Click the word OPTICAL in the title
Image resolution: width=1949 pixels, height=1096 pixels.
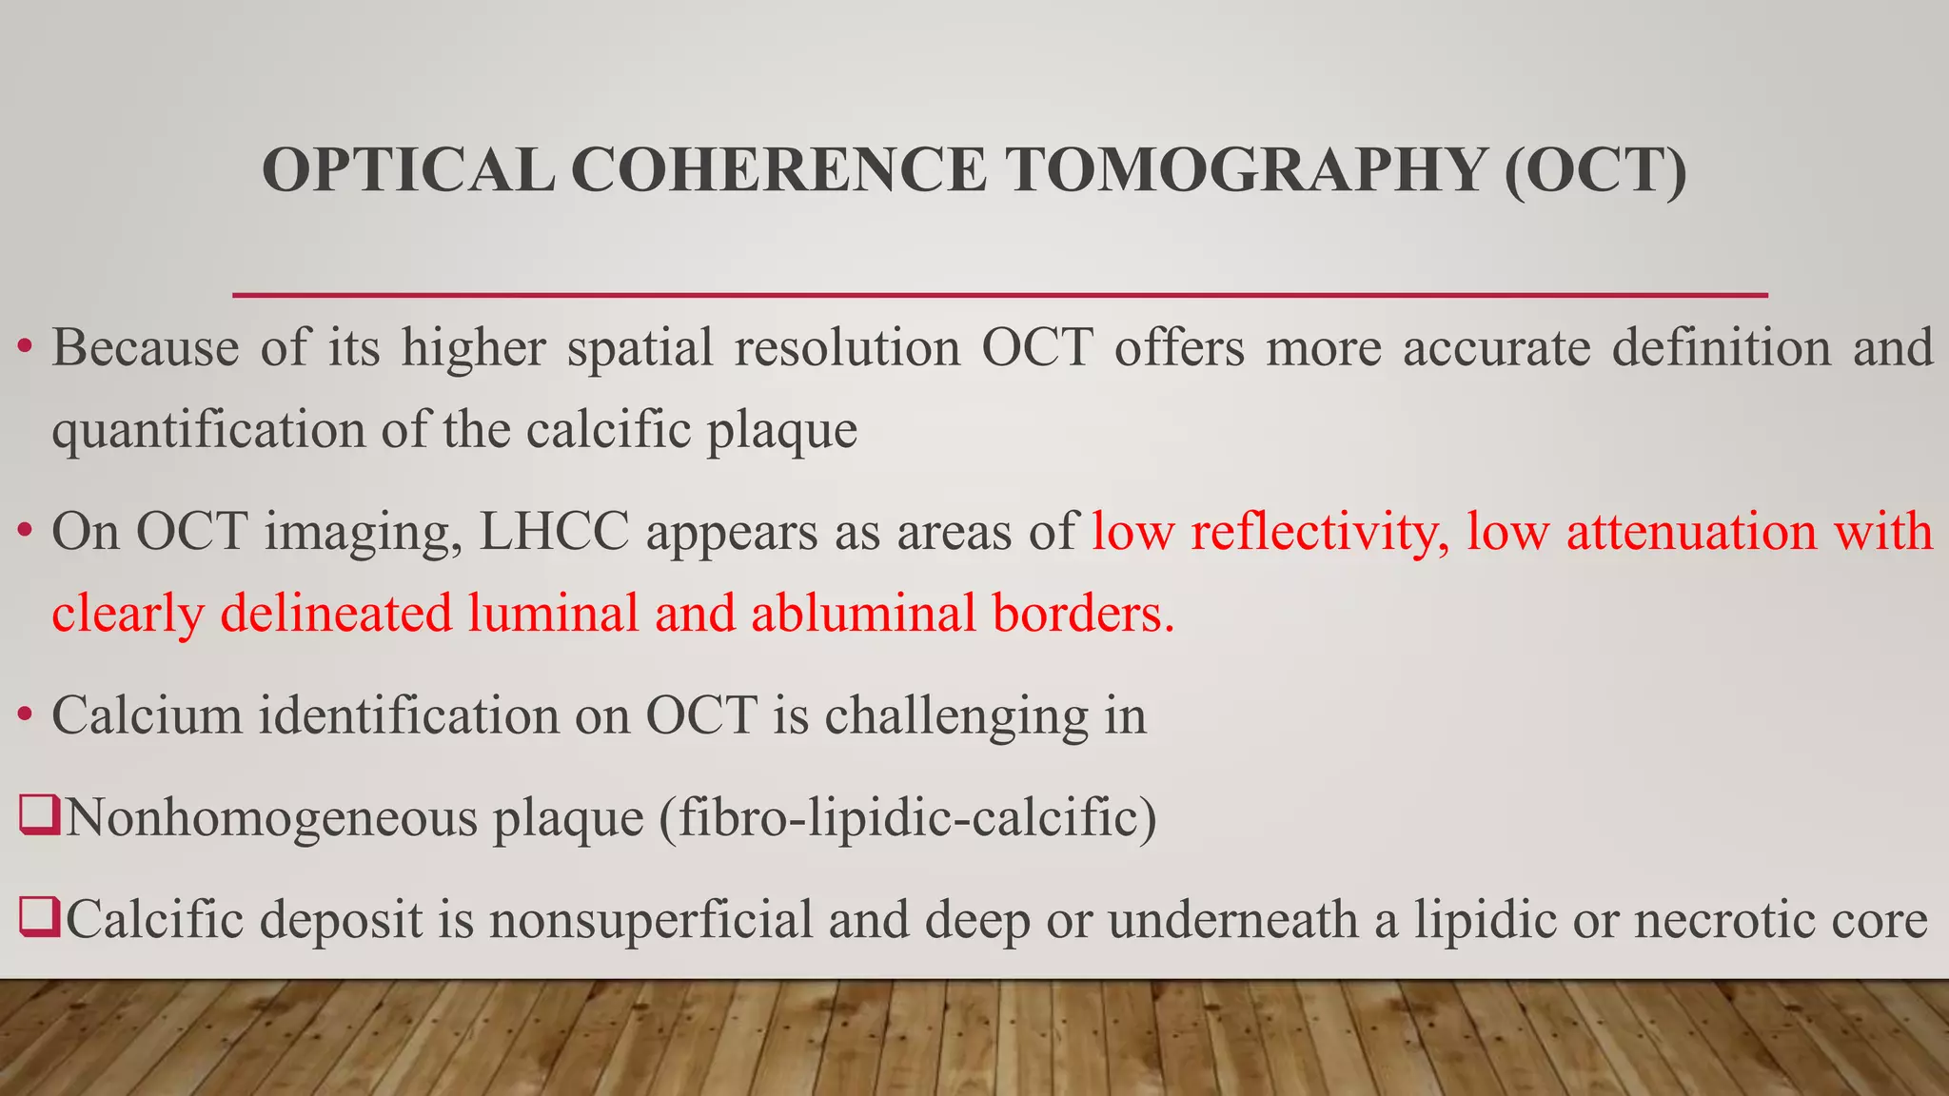[x=407, y=170]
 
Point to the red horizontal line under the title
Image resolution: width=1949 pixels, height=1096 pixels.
[x=999, y=296]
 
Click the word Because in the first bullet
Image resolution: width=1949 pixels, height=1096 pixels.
[x=146, y=347]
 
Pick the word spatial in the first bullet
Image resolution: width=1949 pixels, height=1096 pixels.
[x=640, y=347]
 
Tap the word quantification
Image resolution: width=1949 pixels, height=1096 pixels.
[x=207, y=430]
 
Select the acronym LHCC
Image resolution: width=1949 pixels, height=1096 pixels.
[x=554, y=531]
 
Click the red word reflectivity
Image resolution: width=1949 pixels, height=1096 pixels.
[x=1319, y=531]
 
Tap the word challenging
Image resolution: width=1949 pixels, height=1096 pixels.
[x=956, y=715]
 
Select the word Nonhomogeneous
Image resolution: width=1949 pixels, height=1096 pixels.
[x=271, y=817]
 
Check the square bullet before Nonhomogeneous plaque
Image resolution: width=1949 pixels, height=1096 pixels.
[x=39, y=817]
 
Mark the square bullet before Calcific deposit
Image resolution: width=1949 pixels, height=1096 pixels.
[x=39, y=920]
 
